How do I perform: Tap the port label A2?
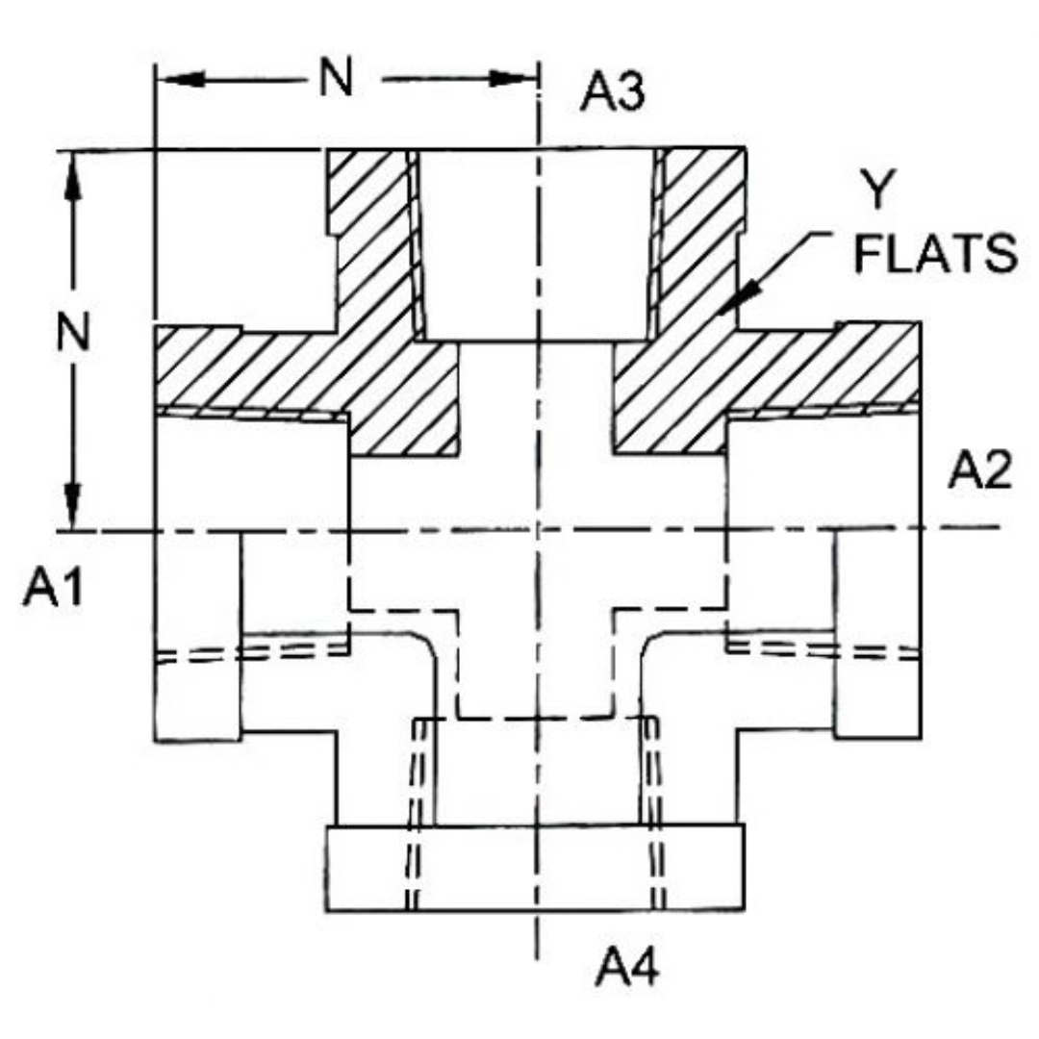click(980, 471)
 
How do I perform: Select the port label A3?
click(613, 95)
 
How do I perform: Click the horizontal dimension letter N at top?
click(337, 80)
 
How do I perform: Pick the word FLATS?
click(936, 256)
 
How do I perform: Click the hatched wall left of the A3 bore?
click(370, 241)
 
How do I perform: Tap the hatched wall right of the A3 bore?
click(697, 241)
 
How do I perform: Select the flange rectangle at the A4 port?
click(535, 868)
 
